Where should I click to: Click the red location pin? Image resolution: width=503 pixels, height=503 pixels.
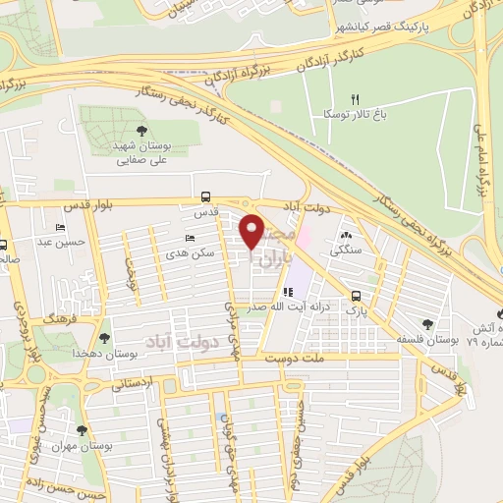(253, 231)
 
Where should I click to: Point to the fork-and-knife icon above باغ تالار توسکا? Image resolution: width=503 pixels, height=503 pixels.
(356, 99)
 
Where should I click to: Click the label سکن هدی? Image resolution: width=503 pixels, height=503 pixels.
(204, 253)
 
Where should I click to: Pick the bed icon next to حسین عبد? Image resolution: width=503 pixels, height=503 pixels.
(63, 226)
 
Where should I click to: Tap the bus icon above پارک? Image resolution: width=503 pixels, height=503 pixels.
(357, 294)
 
